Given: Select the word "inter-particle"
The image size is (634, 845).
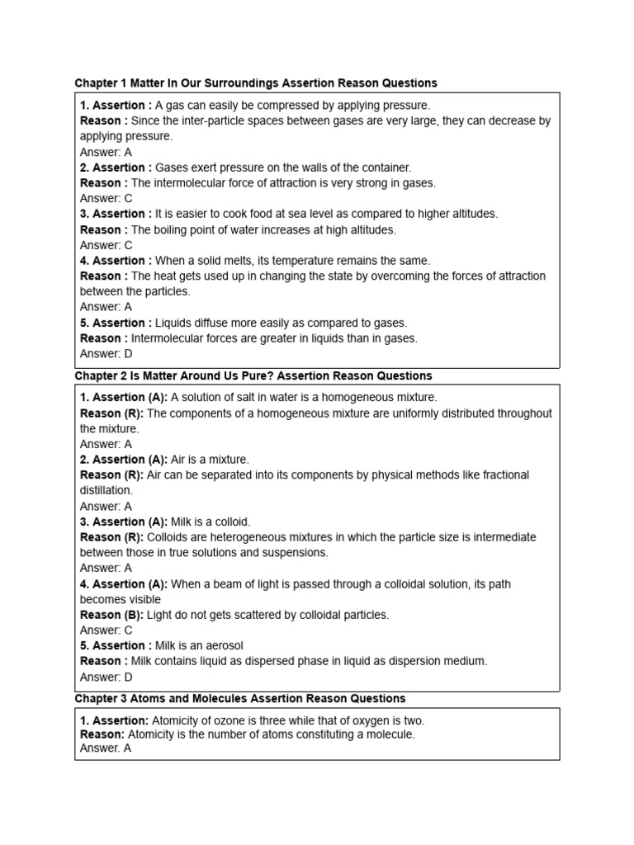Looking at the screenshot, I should tap(216, 120).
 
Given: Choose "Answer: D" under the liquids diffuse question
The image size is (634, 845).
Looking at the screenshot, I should tap(106, 354).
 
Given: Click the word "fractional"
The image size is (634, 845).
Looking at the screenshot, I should tap(503, 475).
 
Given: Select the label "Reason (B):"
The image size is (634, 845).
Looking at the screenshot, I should tap(111, 615).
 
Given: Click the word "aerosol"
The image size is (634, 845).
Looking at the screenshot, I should tap(221, 645).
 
